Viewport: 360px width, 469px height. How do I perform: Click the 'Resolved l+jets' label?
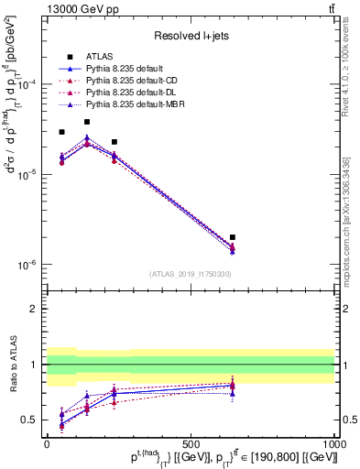[190, 35]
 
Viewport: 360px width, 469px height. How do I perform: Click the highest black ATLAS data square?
[87, 122]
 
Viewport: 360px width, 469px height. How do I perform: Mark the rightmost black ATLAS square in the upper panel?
[233, 237]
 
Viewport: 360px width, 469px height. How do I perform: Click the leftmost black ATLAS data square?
[61, 132]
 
